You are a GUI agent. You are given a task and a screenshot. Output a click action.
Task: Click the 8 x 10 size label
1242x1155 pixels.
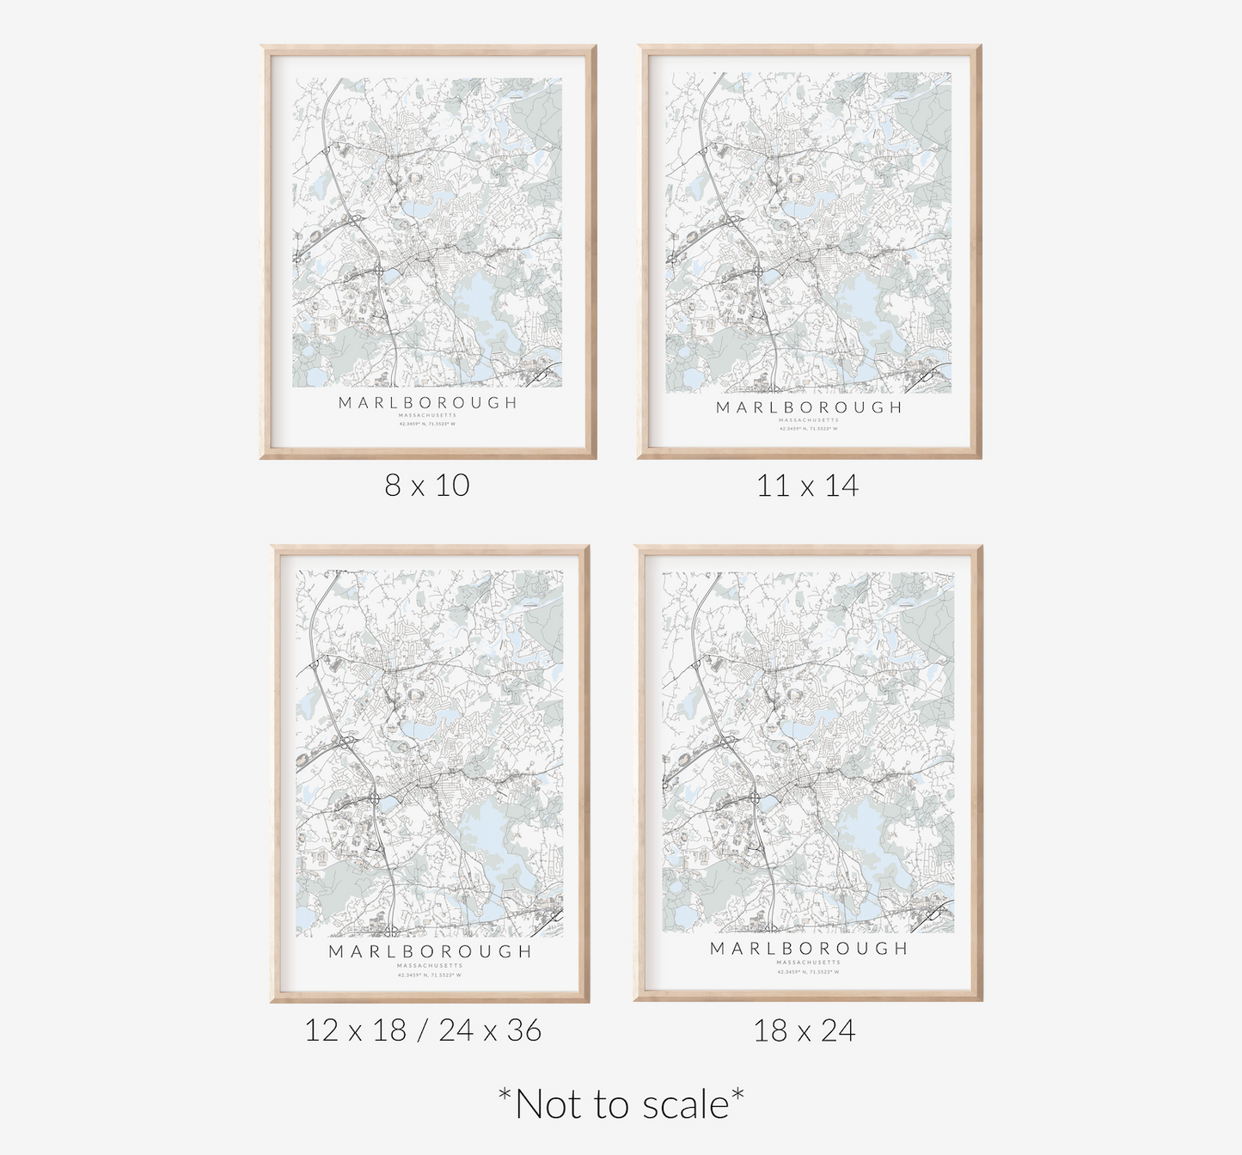[x=427, y=486]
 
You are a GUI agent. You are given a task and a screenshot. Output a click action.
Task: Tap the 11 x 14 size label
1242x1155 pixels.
[x=807, y=486]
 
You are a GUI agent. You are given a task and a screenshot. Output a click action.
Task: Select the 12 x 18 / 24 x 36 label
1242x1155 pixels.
[x=423, y=1030]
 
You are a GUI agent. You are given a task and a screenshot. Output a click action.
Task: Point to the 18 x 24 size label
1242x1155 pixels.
[x=805, y=1030]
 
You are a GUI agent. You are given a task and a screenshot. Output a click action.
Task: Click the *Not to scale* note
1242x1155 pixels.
[x=621, y=1103]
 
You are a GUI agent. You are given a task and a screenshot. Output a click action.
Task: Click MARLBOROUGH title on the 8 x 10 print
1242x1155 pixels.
[x=428, y=402]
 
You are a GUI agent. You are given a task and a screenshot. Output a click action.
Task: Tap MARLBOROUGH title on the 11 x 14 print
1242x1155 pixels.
[x=809, y=407]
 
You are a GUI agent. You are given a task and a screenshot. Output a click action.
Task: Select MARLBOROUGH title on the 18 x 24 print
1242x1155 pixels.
[x=809, y=948]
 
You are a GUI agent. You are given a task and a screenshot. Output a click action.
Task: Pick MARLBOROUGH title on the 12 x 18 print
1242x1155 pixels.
[x=430, y=951]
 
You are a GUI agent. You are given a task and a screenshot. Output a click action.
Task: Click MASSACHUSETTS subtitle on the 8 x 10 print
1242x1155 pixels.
[x=428, y=415]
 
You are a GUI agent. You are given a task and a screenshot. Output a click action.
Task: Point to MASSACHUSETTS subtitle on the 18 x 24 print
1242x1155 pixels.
[x=809, y=962]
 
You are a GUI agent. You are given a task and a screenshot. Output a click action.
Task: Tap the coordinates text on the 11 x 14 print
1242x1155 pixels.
[x=809, y=428]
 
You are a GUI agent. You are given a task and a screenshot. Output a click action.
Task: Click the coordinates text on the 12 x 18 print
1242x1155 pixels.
[x=430, y=975]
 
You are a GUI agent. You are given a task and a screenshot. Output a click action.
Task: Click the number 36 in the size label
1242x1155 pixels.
[x=523, y=1030]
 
